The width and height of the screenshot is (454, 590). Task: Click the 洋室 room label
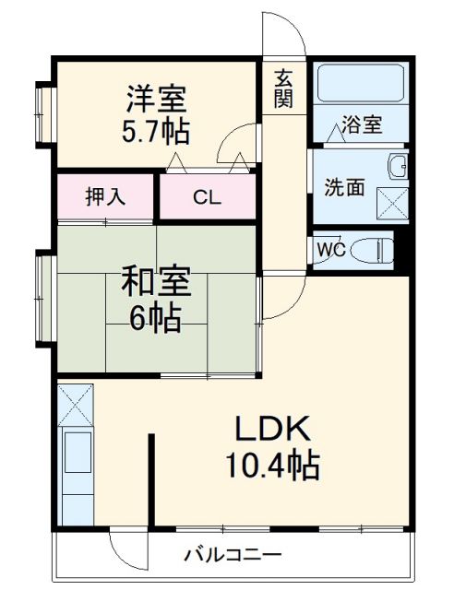coord(156,99)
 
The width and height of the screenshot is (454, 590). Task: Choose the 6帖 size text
coord(155,318)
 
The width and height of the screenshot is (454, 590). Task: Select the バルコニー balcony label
coord(232,555)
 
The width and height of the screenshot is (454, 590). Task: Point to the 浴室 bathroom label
coord(362,125)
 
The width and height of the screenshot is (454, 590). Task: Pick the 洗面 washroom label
coord(343,186)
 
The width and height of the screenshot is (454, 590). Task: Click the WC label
coord(330,249)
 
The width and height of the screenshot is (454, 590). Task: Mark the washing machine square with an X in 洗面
coord(392,201)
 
